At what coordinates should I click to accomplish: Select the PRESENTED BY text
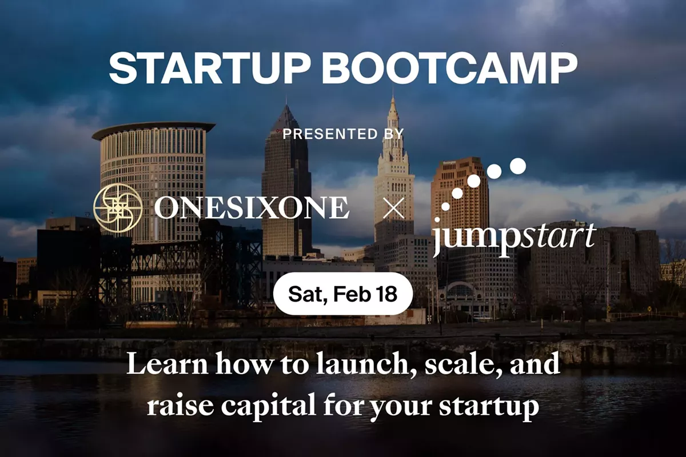click(x=343, y=134)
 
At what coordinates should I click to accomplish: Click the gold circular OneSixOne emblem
click(x=118, y=208)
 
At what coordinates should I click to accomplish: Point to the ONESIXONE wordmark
click(x=252, y=209)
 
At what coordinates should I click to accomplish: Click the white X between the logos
click(x=393, y=209)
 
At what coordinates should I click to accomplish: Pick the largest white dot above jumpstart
click(x=517, y=166)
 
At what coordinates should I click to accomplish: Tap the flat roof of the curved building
click(x=153, y=127)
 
